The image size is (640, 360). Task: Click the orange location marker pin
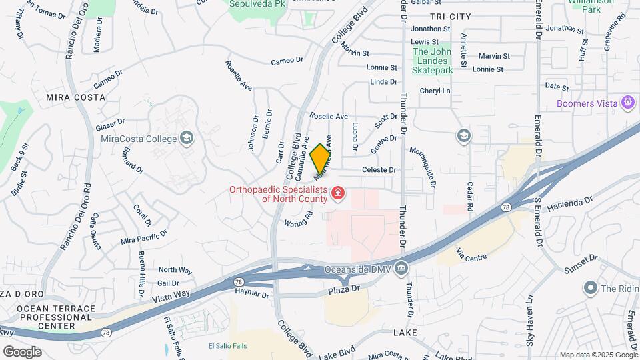(320, 158)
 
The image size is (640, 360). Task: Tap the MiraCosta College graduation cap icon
(187, 139)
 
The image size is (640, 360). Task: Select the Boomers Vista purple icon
(627, 103)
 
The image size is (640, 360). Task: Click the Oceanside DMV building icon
(401, 269)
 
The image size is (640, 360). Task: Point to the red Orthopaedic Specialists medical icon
(338, 193)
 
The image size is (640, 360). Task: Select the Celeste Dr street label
(379, 170)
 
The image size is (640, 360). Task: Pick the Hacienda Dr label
(569, 204)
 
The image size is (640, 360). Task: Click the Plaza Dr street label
(343, 289)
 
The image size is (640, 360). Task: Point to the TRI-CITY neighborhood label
(451, 16)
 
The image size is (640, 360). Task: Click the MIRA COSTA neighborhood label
(76, 97)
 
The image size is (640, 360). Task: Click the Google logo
(21, 351)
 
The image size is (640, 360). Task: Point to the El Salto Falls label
(228, 345)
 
